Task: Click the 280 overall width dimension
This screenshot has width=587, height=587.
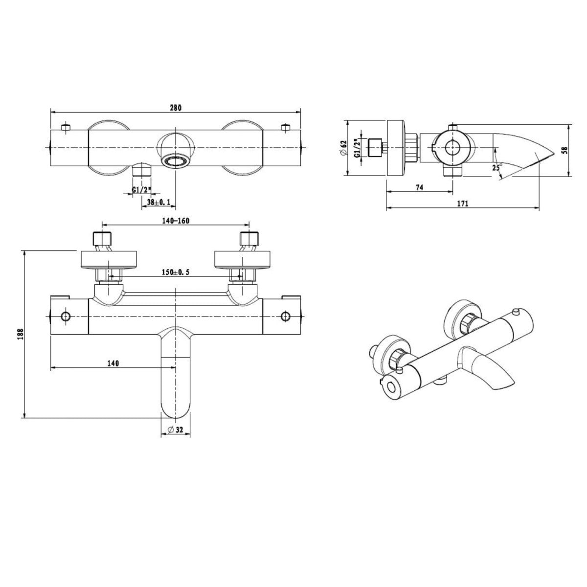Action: [176, 108]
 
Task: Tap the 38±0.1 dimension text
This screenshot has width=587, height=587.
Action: [158, 202]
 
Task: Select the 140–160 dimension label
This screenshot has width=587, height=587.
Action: [176, 221]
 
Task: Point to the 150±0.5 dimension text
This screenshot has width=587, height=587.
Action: [176, 272]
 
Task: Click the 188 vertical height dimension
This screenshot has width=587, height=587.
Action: [21, 334]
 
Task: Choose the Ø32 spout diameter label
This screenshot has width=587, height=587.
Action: [175, 429]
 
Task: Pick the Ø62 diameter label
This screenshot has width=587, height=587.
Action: [343, 148]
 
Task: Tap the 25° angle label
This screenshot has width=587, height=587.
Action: [497, 167]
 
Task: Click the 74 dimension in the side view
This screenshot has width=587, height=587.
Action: [419, 187]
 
